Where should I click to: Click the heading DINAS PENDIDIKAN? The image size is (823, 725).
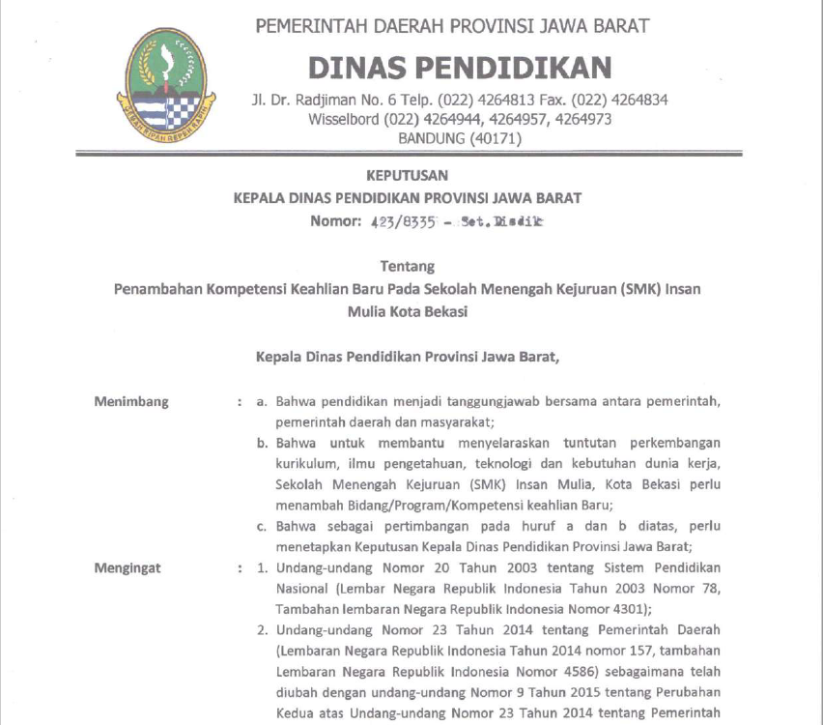459,67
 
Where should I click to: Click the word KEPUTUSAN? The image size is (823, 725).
408,176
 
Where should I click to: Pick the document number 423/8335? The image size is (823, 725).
398,221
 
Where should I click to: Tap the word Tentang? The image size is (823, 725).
408,266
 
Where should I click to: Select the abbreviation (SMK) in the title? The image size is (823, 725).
635,288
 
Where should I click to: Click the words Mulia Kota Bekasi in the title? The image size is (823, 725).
408,310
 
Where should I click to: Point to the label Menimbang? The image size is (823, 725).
131,401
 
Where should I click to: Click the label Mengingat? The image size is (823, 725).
128,567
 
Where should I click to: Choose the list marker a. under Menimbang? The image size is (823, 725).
262,401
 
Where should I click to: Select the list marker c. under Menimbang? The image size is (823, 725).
262,526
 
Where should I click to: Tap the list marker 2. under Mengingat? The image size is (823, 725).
262,630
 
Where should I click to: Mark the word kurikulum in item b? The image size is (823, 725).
307,464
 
